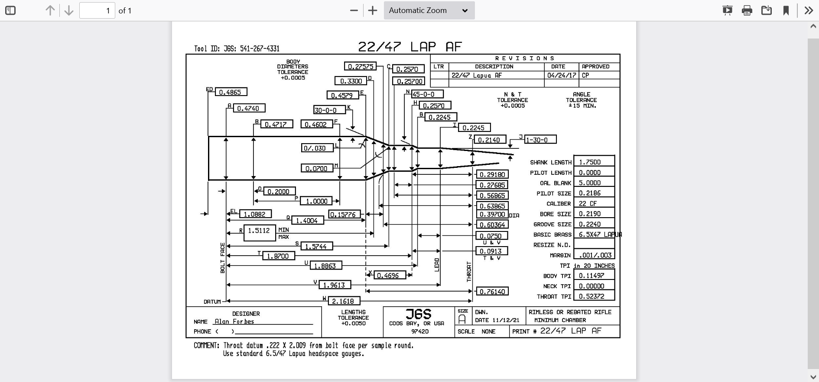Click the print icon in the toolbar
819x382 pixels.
point(747,10)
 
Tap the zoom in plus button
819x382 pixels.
point(373,10)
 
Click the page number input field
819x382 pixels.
point(97,10)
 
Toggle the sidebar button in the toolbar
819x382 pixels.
point(10,10)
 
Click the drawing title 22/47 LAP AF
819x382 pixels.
point(410,47)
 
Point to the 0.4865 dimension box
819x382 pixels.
point(231,92)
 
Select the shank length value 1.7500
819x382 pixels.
point(594,162)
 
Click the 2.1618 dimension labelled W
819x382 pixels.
point(344,301)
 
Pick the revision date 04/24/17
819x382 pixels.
point(562,75)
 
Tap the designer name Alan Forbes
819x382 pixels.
point(234,321)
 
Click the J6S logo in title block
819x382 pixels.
point(419,314)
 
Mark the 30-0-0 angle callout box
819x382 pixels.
point(329,110)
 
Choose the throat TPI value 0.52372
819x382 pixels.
point(594,296)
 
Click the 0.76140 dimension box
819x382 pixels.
point(492,292)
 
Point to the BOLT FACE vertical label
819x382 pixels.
point(223,258)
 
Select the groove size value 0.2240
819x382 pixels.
point(594,224)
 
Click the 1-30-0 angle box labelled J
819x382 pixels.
point(540,140)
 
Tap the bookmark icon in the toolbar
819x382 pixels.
point(786,10)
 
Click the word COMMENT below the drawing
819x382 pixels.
point(206,346)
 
